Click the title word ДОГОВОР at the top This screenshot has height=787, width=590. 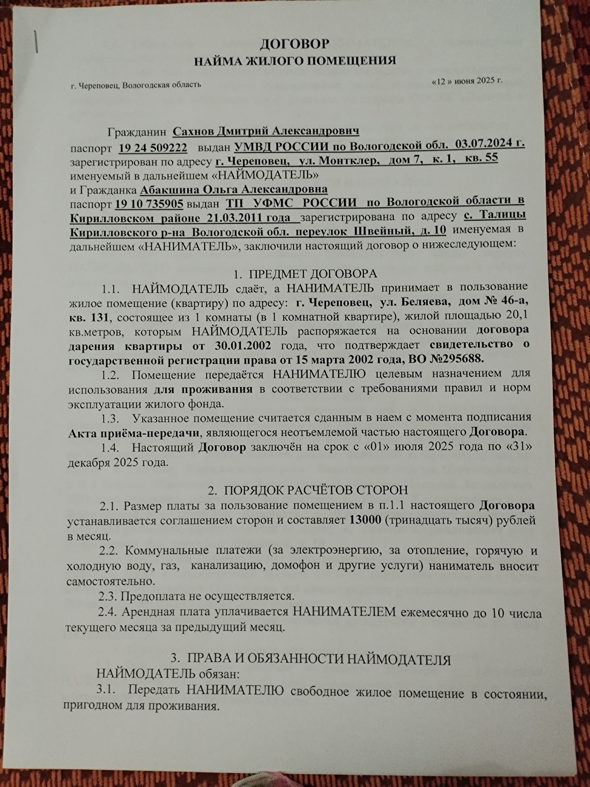coord(294,44)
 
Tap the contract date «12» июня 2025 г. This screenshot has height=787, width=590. coord(467,81)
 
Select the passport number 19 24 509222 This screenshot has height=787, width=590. coord(153,148)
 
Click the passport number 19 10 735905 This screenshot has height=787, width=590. coord(149,203)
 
